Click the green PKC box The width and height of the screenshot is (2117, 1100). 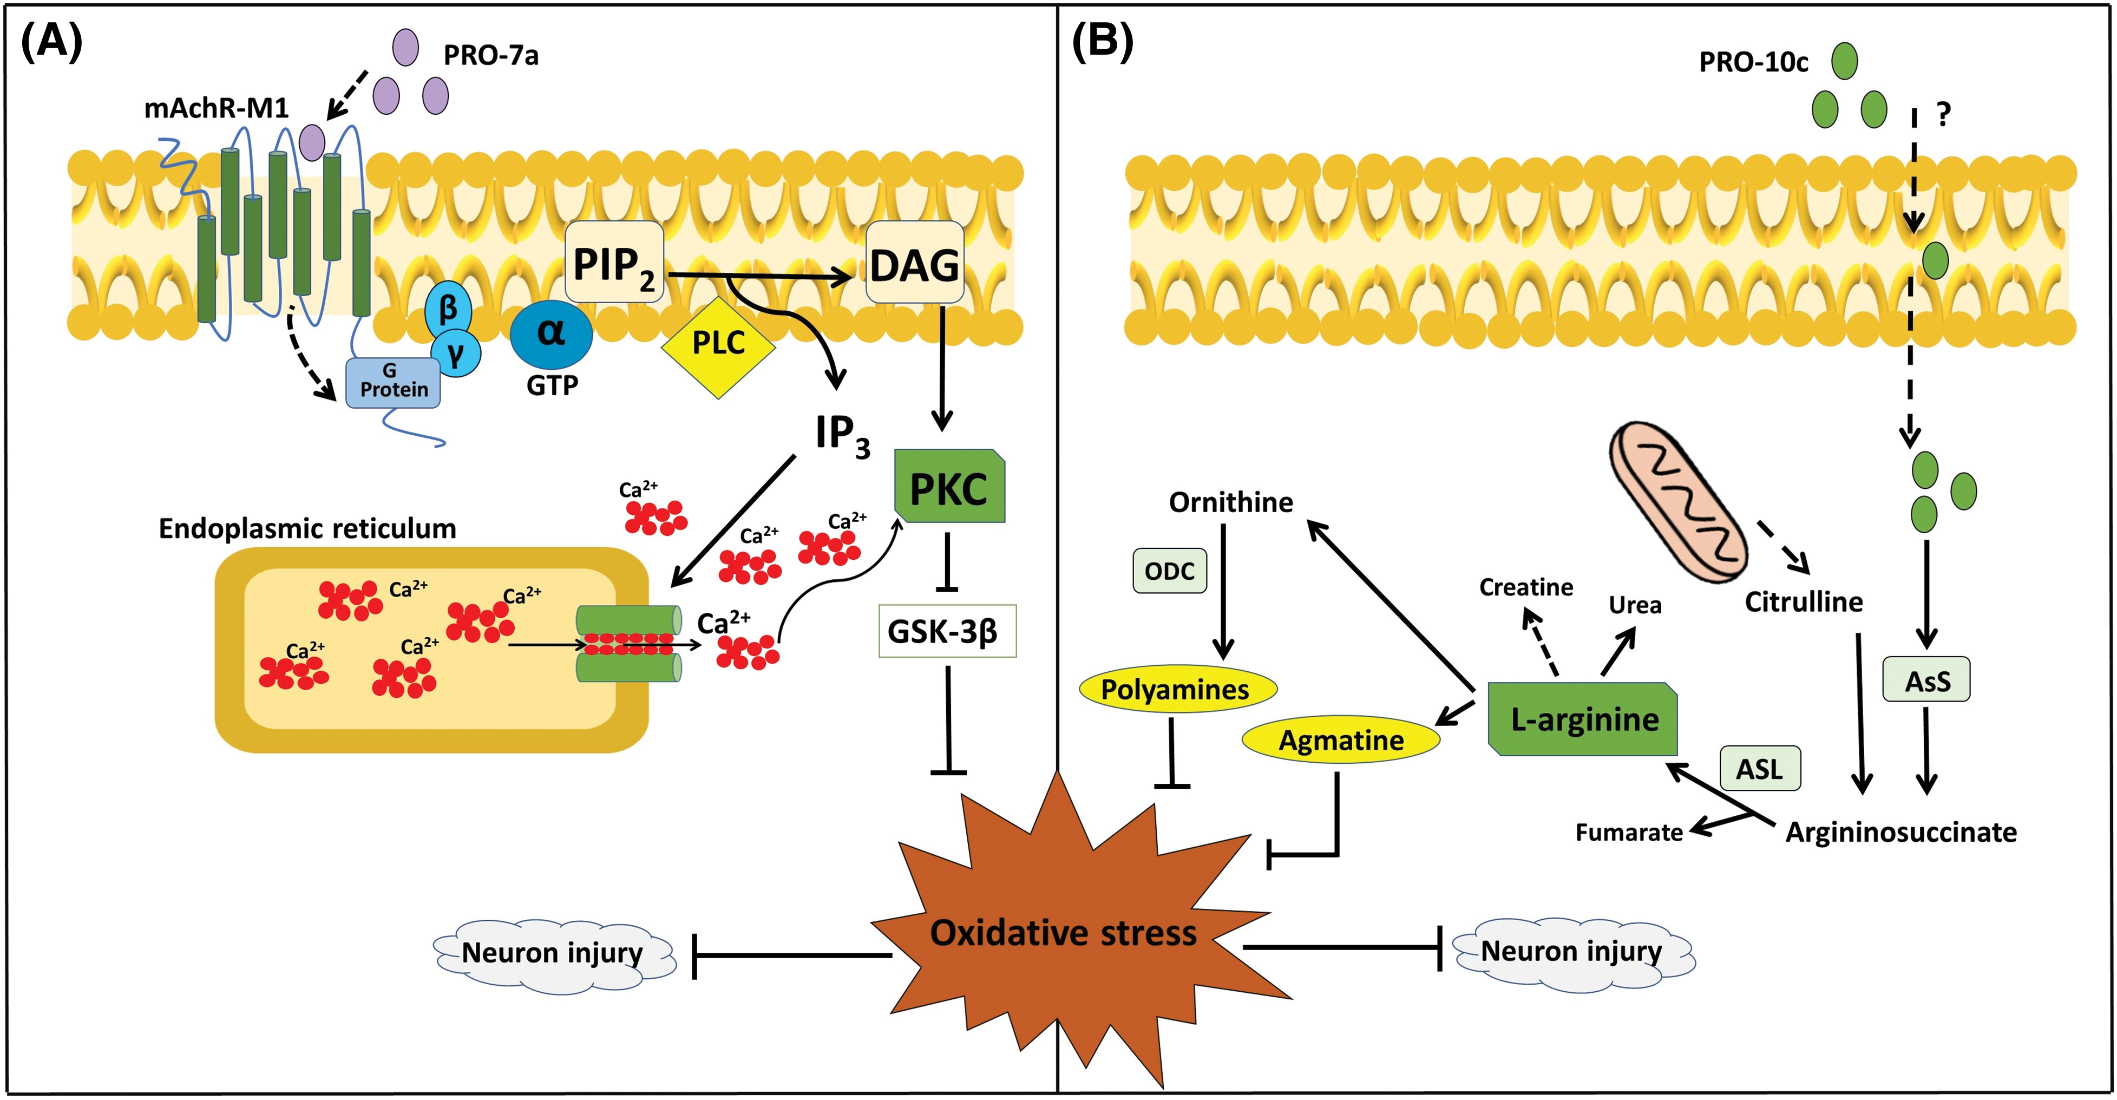point(949,487)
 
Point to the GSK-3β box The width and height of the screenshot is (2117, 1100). point(947,631)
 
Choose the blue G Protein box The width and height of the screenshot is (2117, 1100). point(393,382)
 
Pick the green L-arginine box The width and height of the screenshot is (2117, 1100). point(1583,719)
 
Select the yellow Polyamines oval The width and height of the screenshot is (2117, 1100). point(1176,689)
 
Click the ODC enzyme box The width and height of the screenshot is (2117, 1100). point(1169,571)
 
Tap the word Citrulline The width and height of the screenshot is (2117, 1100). point(1803,602)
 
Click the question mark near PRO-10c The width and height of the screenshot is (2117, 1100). point(1943,114)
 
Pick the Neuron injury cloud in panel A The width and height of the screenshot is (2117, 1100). point(553,954)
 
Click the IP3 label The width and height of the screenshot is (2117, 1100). point(842,434)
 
